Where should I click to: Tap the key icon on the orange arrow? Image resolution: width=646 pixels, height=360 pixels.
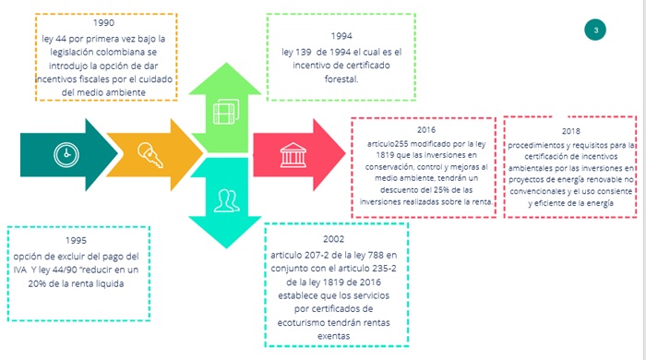(x=149, y=152)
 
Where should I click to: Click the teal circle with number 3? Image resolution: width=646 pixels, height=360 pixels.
(x=596, y=31)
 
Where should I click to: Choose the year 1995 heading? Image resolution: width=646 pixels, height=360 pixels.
(x=57, y=239)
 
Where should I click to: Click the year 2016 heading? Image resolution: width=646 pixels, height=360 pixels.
(x=426, y=131)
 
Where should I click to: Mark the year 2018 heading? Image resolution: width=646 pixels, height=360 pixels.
(x=570, y=132)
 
